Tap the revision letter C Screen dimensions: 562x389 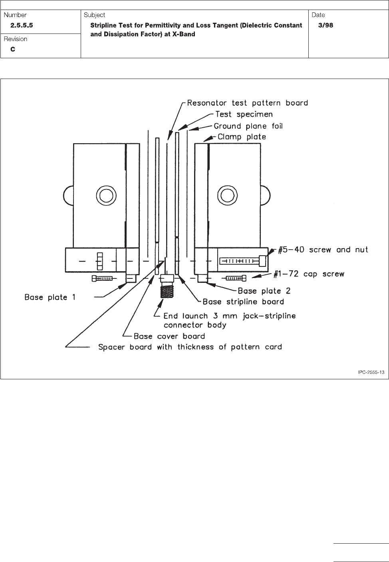point(13,49)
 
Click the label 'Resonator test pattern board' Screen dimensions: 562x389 point(248,103)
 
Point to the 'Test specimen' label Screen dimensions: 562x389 point(244,114)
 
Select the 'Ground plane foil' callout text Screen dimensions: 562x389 point(248,126)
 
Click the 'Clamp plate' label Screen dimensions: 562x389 point(242,137)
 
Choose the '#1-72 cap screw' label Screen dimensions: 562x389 point(309,274)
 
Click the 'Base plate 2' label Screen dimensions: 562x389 point(264,291)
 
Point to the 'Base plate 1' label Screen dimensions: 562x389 point(50,297)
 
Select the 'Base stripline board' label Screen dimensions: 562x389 point(243,302)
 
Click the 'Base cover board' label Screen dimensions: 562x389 point(169,336)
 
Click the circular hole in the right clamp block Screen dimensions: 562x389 point(227,195)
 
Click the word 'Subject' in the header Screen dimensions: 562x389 point(95,15)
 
